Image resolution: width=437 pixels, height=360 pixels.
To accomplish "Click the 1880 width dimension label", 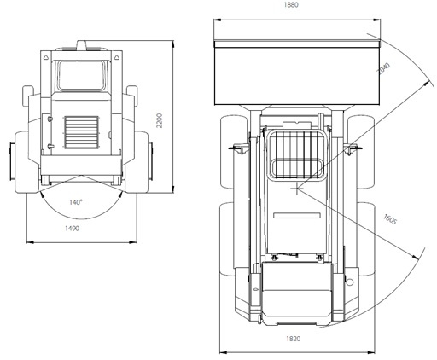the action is click(x=291, y=5).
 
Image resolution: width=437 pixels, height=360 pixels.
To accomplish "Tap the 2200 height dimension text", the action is click(x=160, y=120).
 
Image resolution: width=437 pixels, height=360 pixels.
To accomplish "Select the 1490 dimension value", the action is click(x=73, y=229).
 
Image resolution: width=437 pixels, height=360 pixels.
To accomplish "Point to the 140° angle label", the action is click(x=76, y=202).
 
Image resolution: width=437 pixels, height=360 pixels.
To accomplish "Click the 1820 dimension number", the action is click(x=293, y=339).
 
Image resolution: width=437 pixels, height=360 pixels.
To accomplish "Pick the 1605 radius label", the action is click(x=390, y=219).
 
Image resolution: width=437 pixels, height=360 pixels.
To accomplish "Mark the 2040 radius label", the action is click(x=383, y=68).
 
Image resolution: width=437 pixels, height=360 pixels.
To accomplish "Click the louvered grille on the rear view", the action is click(x=82, y=132).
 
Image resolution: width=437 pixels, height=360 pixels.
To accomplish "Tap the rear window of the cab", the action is click(x=81, y=75).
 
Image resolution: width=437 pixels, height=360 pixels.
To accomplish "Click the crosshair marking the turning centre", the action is click(x=297, y=189).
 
